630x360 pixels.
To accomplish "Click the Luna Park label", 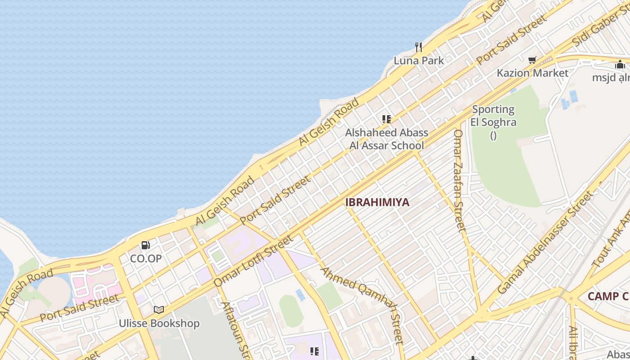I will (x=418, y=61).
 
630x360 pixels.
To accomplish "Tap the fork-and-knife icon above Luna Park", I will (x=418, y=47).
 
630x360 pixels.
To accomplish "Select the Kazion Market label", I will (x=532, y=73).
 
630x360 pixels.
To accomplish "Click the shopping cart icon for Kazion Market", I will (x=532, y=60).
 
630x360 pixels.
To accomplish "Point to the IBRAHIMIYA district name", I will (x=377, y=202).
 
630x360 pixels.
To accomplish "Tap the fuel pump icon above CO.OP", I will (x=146, y=245).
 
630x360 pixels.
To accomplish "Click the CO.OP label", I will (x=146, y=259).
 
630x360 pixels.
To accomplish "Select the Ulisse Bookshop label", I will (x=159, y=323).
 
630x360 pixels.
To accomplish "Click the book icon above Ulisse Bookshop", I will (x=159, y=310).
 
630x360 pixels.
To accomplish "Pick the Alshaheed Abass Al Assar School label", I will (x=387, y=139).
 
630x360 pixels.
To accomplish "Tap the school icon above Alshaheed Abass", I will (x=387, y=119).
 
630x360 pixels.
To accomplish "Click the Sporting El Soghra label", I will (x=493, y=116).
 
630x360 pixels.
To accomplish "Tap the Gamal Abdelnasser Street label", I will (x=545, y=243).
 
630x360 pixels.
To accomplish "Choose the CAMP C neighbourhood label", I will (x=607, y=296).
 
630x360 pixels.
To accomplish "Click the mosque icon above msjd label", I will (x=620, y=65).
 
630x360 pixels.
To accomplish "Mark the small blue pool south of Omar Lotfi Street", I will (x=300, y=295).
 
